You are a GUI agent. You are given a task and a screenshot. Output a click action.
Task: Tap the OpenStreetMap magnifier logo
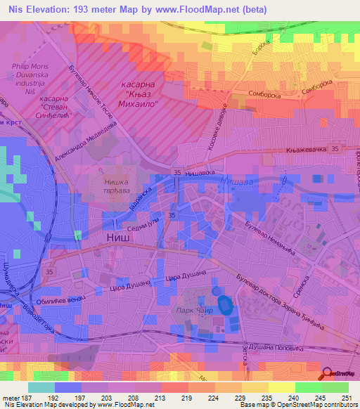click(327, 375)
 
